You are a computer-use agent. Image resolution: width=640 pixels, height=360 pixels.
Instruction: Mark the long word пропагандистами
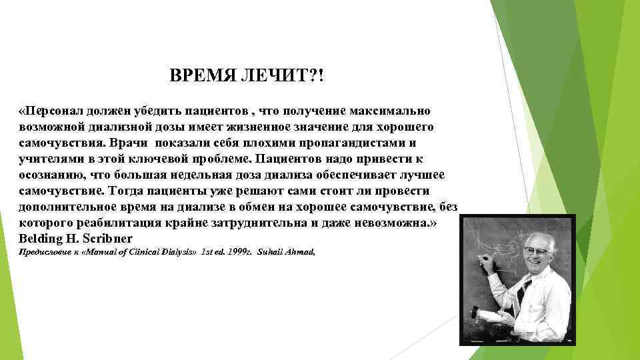(x=355, y=143)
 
